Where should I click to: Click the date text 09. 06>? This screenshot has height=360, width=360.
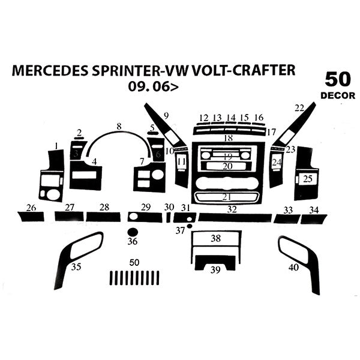[x=152, y=86]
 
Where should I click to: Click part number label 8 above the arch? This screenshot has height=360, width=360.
[x=119, y=127]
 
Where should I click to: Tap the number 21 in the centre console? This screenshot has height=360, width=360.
[x=227, y=197]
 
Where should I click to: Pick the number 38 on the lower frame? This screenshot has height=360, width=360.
[x=215, y=238]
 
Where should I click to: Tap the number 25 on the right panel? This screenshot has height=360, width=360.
[x=307, y=178]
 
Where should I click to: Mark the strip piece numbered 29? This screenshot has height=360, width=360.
[x=145, y=217]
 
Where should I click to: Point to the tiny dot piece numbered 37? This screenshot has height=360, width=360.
[x=190, y=226]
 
